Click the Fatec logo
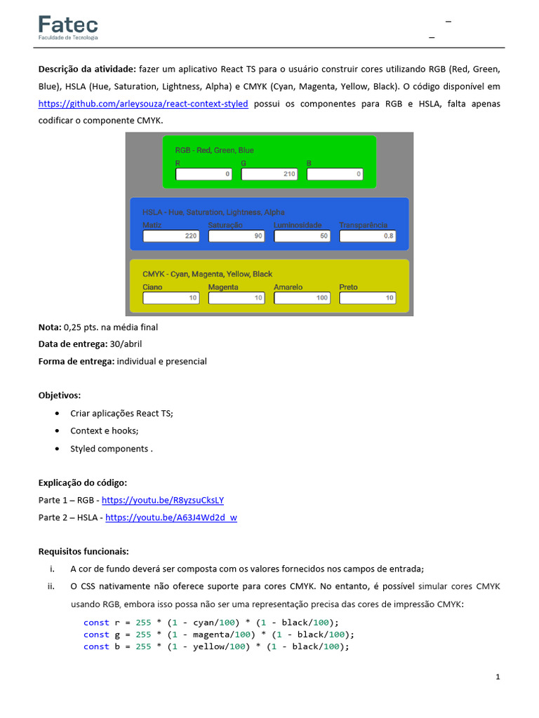pos(68,27)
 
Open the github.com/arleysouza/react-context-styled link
pos(143,104)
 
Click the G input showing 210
pos(269,174)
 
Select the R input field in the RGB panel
pos(204,174)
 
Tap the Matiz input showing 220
pos(171,236)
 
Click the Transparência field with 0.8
pos(368,236)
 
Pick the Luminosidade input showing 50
pos(302,236)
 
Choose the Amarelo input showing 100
pos(302,298)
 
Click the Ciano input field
pos(171,298)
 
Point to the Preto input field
pos(368,298)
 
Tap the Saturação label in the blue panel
pos(225,225)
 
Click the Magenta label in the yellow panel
pos(223,287)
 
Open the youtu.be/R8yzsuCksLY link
pos(163,501)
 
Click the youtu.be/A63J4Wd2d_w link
pos(171,518)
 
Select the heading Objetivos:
pos(60,395)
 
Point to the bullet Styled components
pos(111,449)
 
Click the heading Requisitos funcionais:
pos(84,551)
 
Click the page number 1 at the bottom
pos(498,677)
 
